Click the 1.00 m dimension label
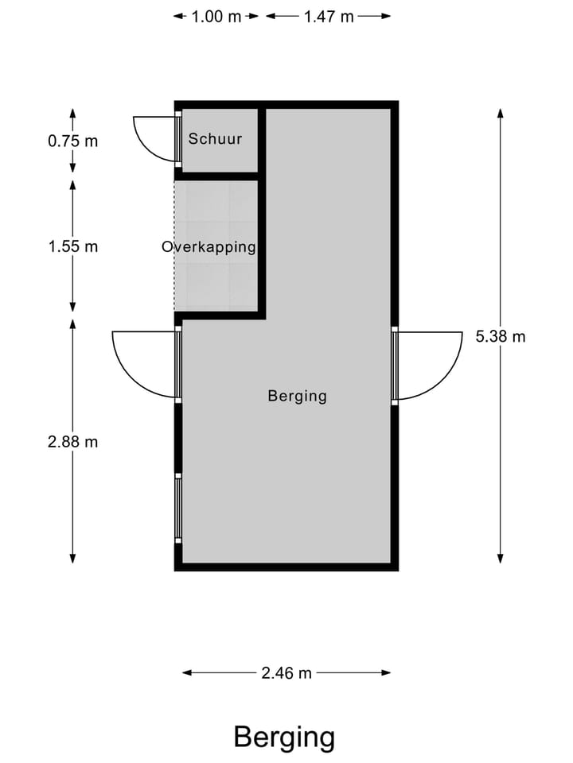click(x=216, y=17)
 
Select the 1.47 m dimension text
click(x=328, y=17)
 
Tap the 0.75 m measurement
click(x=72, y=141)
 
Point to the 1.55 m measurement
click(x=72, y=246)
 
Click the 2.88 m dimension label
click(x=72, y=442)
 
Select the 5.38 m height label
click(x=501, y=336)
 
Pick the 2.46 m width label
click(x=286, y=673)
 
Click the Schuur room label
click(x=215, y=139)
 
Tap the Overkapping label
click(x=209, y=246)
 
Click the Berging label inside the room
click(x=297, y=396)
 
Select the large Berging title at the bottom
click(x=284, y=738)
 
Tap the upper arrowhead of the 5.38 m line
click(x=501, y=113)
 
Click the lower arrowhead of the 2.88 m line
click(x=72, y=558)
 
